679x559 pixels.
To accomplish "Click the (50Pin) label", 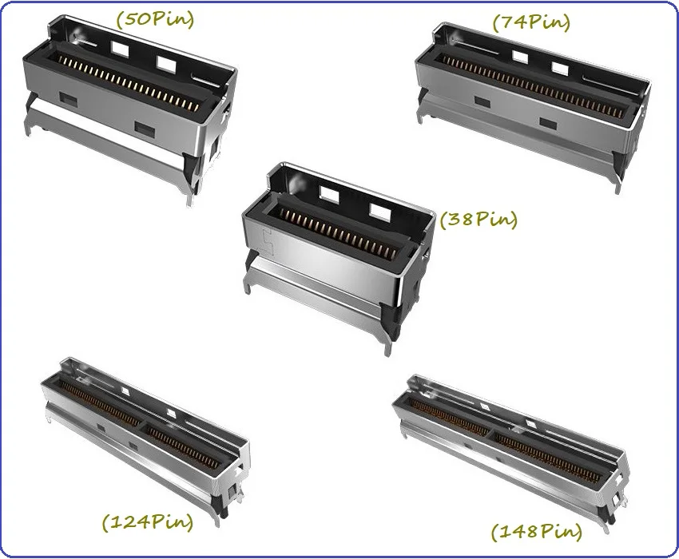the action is coord(155,19).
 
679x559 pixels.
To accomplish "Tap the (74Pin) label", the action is coord(531,22).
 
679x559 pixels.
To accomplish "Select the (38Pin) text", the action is coord(478,219).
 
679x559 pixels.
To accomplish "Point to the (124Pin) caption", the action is coord(147,521).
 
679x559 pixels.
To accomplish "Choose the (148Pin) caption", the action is coord(537,531).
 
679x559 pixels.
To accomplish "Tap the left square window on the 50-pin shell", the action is coord(120,50).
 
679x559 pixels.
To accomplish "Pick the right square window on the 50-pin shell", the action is coord(166,64).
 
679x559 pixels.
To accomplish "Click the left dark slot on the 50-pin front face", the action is coord(69,100).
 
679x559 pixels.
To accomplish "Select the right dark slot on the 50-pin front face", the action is coord(145,127).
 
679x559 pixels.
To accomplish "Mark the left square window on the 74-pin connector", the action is coord(520,56).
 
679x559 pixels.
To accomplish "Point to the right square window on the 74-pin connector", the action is coord(558,69).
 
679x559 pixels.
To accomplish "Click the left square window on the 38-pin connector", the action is coord(329,193).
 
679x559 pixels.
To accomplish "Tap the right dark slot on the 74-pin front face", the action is coord(548,123).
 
